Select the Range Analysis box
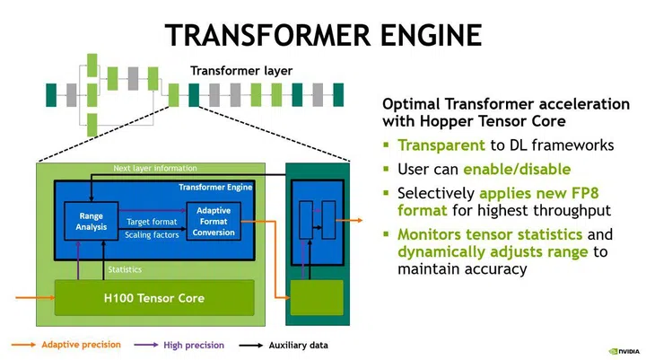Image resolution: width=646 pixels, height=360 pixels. coord(91,221)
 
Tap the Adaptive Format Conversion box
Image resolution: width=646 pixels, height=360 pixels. coord(214,222)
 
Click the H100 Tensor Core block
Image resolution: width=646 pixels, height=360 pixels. coord(153,297)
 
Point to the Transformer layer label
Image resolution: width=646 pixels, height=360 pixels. coord(240,71)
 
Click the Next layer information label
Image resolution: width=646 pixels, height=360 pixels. coord(154,168)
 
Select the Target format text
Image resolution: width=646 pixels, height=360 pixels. coord(151,220)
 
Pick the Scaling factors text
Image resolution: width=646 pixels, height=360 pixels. coord(152,234)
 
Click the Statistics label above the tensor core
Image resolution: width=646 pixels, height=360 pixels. coord(125,268)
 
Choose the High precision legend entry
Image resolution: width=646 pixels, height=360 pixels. coord(192,345)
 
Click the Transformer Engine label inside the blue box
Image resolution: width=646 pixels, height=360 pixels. coord(215,187)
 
